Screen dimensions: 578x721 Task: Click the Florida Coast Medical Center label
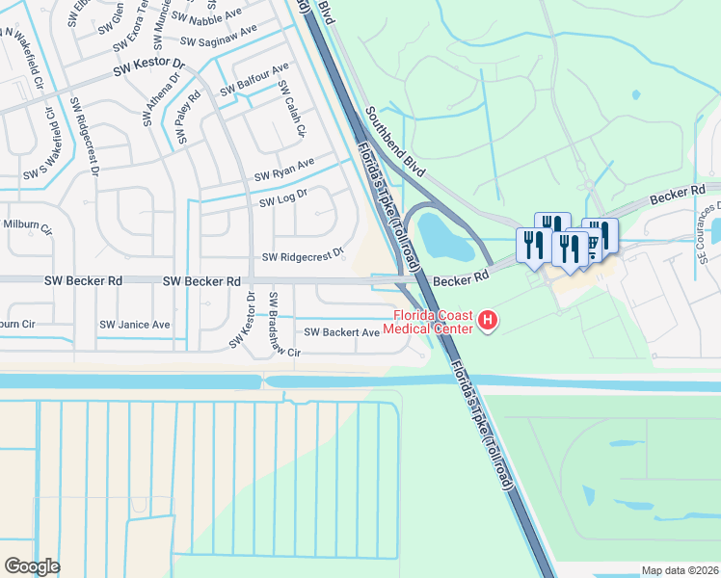pyautogui.click(x=430, y=322)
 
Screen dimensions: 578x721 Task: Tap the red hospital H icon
pyautogui.click(x=488, y=321)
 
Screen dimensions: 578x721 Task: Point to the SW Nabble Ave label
pyautogui.click(x=208, y=17)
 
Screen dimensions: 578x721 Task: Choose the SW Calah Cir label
pyautogui.click(x=290, y=109)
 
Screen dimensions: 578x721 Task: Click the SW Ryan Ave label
pyautogui.click(x=284, y=171)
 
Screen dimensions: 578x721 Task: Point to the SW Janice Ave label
pyautogui.click(x=135, y=325)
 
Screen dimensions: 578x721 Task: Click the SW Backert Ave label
pyautogui.click(x=341, y=332)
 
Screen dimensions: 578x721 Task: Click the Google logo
pyautogui.click(x=32, y=566)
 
